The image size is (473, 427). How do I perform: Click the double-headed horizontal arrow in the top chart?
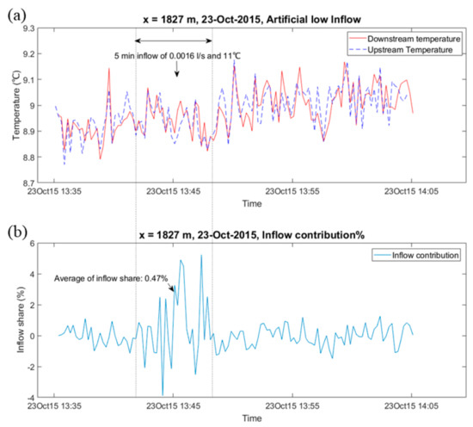pyautogui.click(x=175, y=40)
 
